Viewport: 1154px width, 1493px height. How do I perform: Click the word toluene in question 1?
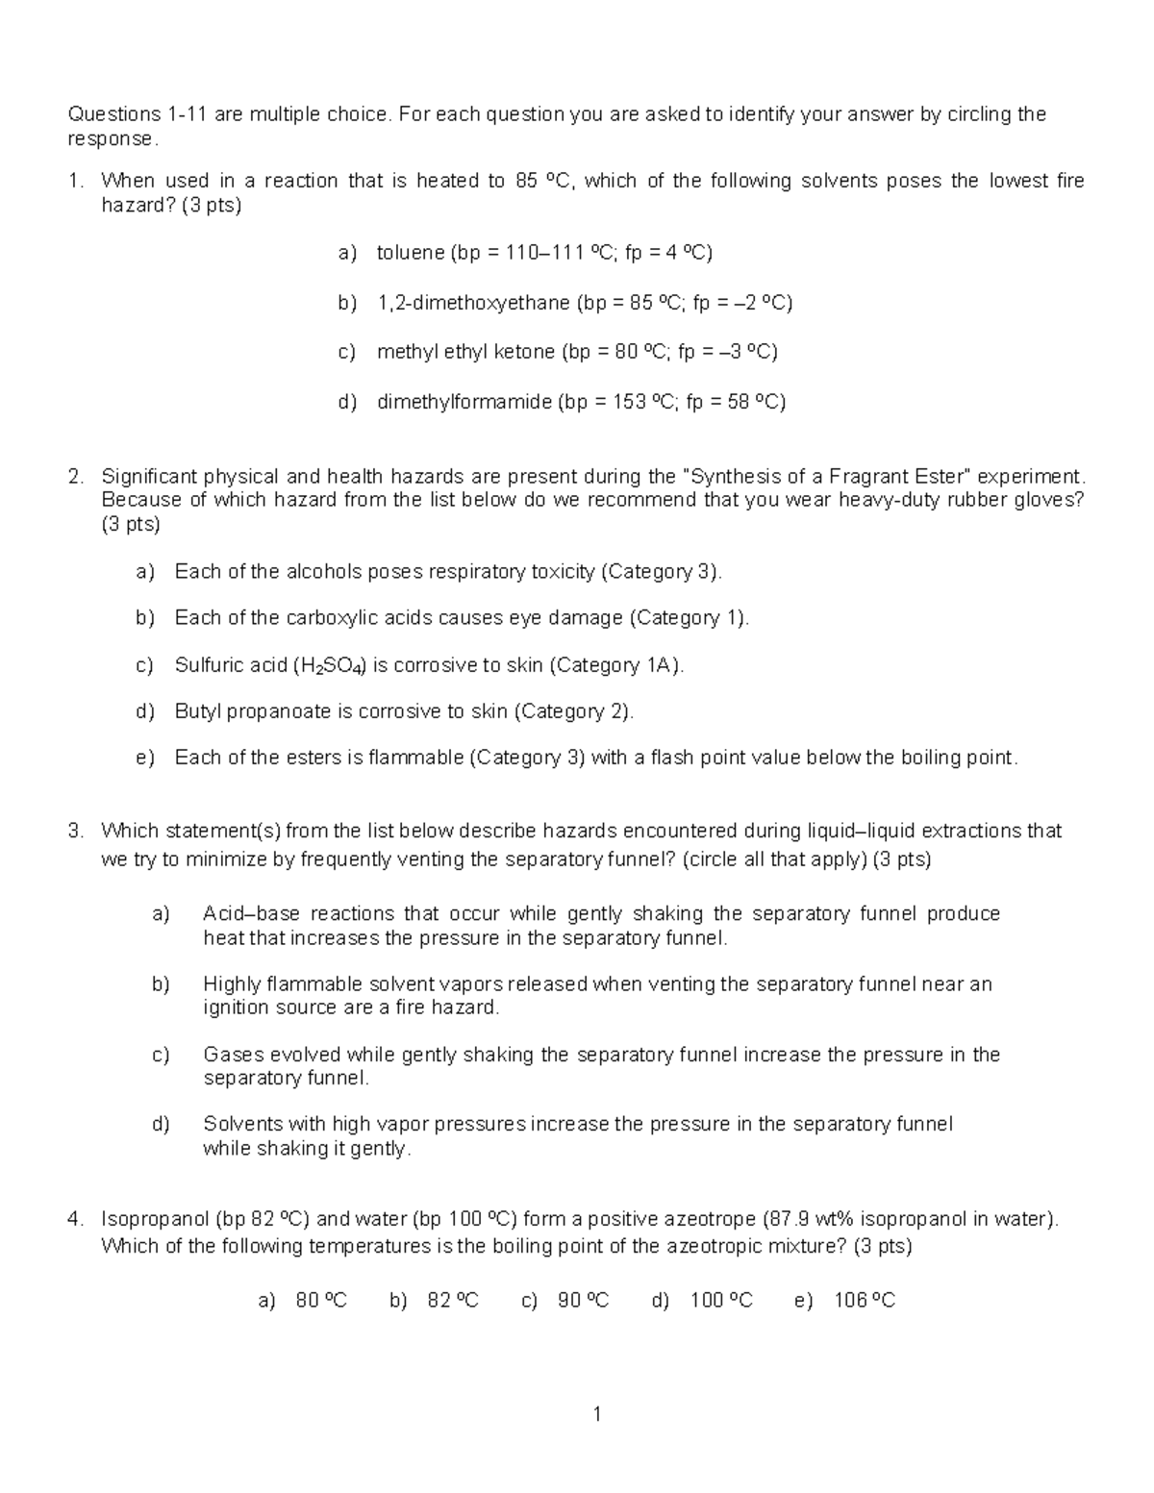tap(410, 253)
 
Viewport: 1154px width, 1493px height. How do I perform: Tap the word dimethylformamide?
tap(464, 402)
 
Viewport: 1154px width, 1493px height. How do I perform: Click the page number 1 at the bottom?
tap(596, 1413)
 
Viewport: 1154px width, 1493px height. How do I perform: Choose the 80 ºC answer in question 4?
tap(321, 1301)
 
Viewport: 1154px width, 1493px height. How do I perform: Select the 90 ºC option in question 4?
tap(583, 1301)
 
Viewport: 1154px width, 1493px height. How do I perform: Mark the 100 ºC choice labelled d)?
tap(721, 1301)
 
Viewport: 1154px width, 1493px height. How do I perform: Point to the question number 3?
tap(74, 831)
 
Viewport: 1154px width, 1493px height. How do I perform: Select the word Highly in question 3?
tap(232, 983)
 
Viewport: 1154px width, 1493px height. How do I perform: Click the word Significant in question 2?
tap(147, 477)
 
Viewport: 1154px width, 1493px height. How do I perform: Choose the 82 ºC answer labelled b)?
tap(452, 1301)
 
